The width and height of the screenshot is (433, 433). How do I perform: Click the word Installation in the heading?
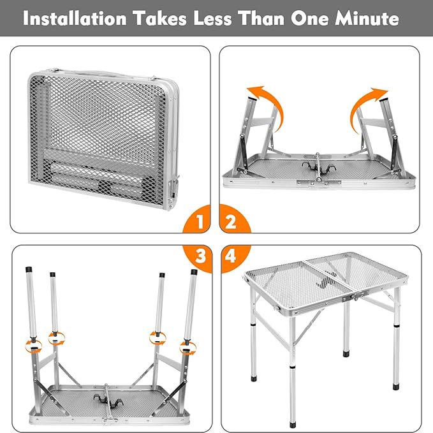coord(75,18)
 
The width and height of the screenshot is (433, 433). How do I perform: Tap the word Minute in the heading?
coord(367,18)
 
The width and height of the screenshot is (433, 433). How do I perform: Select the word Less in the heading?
coord(212,18)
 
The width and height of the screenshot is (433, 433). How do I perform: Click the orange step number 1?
coord(200,221)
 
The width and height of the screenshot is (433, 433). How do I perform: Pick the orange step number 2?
coord(231,221)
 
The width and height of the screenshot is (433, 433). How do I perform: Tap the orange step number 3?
coord(200,256)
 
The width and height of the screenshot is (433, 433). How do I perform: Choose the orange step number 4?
coord(230,256)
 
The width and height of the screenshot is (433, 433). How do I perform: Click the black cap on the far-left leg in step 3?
coord(29,270)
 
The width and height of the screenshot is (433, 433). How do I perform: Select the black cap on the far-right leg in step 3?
coord(194,272)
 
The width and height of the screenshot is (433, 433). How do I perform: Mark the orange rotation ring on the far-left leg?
coord(33,346)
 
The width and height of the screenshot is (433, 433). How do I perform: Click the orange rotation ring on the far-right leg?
coord(188,348)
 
